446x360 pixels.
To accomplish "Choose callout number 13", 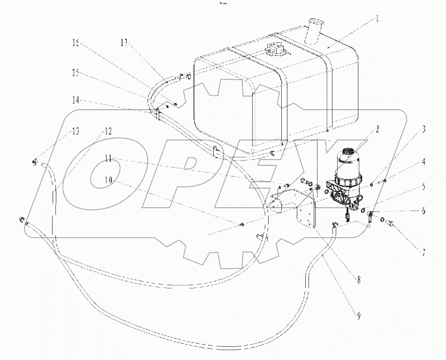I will [75, 131].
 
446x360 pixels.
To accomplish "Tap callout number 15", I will [75, 73].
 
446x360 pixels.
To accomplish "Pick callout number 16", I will [76, 43].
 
